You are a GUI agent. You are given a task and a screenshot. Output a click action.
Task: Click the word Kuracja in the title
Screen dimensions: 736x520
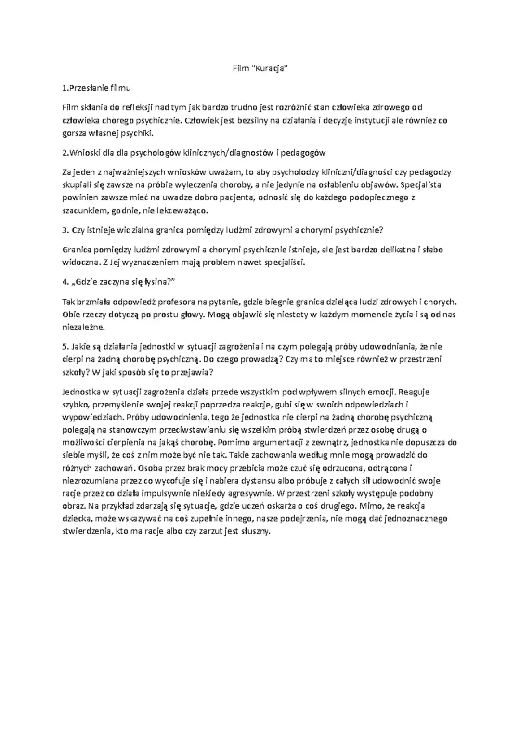click(x=270, y=68)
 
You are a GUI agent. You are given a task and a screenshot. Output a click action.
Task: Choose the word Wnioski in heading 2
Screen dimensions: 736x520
click(x=83, y=153)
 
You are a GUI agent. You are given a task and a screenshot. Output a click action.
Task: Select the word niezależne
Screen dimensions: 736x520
click(x=83, y=327)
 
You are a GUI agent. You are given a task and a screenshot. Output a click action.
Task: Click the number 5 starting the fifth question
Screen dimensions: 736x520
click(x=65, y=346)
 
